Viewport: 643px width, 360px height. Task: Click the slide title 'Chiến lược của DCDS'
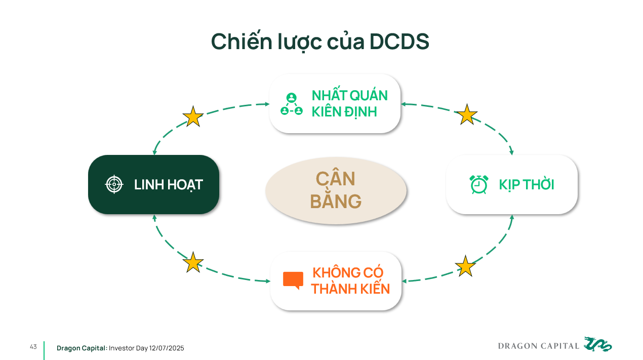click(320, 42)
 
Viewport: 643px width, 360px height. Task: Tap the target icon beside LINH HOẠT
click(114, 184)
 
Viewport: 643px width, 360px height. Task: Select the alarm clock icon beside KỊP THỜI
click(479, 184)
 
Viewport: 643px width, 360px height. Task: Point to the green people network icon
click(291, 104)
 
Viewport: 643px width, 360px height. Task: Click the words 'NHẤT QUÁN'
click(349, 95)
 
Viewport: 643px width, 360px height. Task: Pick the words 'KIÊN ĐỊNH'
click(344, 111)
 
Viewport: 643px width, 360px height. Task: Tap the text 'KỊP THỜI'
click(527, 185)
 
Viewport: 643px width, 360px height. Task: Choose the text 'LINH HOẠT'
click(168, 185)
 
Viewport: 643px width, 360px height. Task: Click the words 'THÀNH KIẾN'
click(350, 289)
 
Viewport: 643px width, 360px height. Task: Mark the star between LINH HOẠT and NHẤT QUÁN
click(193, 116)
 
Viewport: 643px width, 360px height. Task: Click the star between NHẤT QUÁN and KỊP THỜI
click(467, 114)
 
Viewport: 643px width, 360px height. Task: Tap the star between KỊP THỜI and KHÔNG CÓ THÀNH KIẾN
click(465, 266)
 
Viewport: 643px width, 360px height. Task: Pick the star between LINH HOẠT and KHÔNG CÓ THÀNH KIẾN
click(192, 262)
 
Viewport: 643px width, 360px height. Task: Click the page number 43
click(33, 347)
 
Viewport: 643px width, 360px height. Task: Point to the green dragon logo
click(597, 344)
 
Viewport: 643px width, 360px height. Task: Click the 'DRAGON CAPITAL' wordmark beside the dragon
click(539, 346)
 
